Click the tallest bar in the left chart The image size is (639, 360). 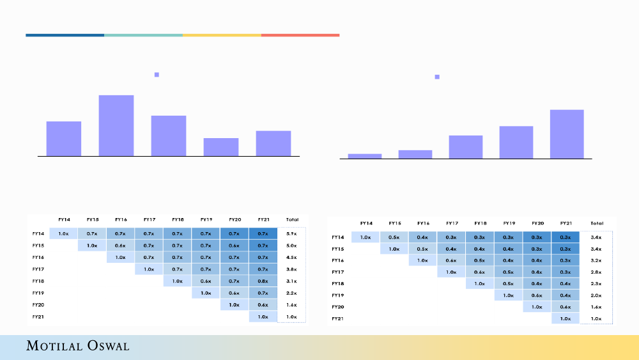coord(116,125)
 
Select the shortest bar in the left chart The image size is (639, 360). coord(220,146)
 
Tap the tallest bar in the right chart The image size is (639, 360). coord(567,134)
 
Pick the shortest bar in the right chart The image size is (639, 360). coord(365,155)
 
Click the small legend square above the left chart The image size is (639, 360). coord(157,75)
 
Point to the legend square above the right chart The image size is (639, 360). coord(437,77)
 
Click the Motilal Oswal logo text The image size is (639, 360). coord(77,346)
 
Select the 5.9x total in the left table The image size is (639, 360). coord(291,234)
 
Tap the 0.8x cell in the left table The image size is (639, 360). coord(263,281)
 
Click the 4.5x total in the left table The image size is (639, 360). coord(291,258)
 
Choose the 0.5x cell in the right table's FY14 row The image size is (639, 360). coord(394,237)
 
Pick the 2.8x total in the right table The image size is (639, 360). coord(596,272)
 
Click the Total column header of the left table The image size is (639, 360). coord(291,219)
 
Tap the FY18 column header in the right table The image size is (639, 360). coord(481,223)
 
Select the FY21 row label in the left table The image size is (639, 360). coord(39,317)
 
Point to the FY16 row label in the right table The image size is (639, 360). coord(338,261)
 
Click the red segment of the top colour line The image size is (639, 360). coord(300,35)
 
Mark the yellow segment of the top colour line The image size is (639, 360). coord(222,35)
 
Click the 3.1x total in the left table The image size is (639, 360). coord(291,281)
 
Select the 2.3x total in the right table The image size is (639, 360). coord(596,284)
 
